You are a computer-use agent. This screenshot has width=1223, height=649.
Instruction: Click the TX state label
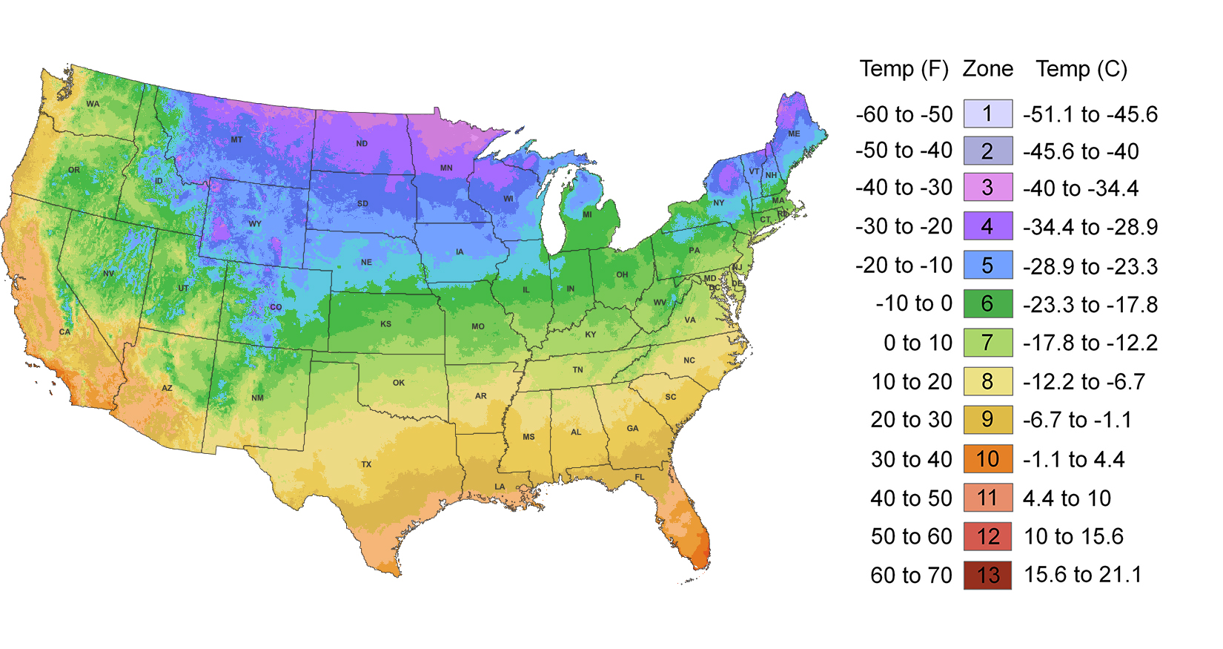point(366,464)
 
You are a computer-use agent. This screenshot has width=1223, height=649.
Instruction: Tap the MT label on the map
point(236,139)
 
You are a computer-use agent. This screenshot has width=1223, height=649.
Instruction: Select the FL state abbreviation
point(640,477)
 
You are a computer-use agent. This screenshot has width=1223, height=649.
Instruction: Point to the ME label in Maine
point(794,134)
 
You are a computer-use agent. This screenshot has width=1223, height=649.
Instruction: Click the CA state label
point(65,332)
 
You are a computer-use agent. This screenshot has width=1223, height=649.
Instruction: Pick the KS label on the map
point(385,324)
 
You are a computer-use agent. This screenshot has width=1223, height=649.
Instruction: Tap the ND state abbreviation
point(362,144)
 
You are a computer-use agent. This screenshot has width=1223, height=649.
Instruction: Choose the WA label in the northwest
point(93,104)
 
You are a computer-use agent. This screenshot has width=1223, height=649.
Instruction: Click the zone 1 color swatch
point(987,114)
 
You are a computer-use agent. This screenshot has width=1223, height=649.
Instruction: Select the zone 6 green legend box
point(987,303)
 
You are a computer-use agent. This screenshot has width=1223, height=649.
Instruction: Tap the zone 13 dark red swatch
point(987,576)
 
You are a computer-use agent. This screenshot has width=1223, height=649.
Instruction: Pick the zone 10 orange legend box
point(987,459)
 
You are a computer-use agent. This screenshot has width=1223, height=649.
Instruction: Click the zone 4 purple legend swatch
point(987,226)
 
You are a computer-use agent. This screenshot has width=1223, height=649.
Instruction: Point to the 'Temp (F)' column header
point(904,69)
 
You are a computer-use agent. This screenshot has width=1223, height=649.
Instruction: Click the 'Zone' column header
point(987,69)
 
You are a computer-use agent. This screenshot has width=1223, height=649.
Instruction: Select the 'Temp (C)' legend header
point(1081,69)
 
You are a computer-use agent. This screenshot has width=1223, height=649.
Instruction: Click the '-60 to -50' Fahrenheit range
point(904,114)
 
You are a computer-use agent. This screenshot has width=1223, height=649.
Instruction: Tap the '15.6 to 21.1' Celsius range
point(1082,575)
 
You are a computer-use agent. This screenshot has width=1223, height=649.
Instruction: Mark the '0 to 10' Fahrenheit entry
point(918,343)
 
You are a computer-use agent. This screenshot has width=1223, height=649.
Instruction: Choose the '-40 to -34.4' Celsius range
point(1081,188)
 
